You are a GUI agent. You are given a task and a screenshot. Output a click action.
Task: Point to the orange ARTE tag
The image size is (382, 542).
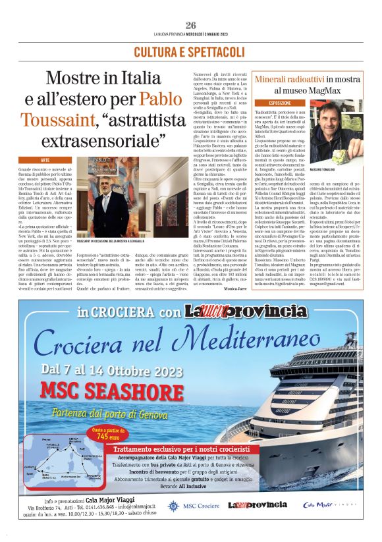[45, 160]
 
